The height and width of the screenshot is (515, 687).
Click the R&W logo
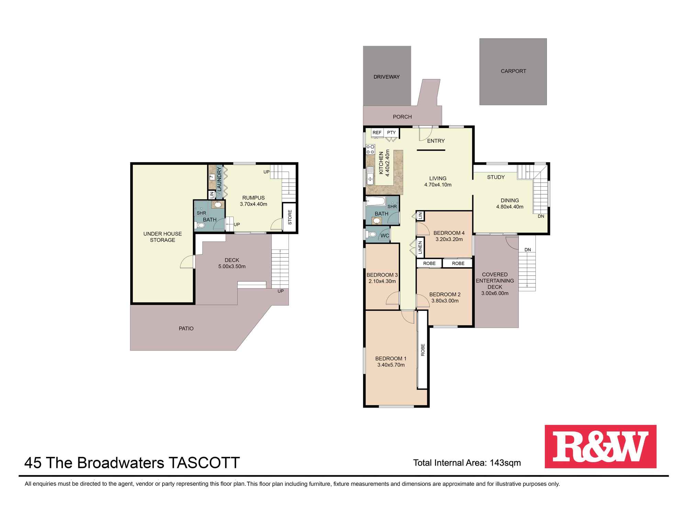click(x=600, y=446)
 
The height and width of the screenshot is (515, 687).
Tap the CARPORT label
click(x=513, y=71)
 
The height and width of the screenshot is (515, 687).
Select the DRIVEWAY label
click(x=386, y=77)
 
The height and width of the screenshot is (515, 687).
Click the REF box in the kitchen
click(x=377, y=133)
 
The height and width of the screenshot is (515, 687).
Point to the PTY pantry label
click(x=391, y=133)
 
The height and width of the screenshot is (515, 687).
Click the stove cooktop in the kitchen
click(x=370, y=149)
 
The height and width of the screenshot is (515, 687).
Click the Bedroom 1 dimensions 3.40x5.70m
click(x=391, y=365)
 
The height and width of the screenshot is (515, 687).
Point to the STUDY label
click(x=496, y=177)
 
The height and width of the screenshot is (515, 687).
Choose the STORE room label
click(x=290, y=217)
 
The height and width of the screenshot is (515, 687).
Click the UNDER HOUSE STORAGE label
click(x=162, y=237)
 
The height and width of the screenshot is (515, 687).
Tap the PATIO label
click(x=186, y=329)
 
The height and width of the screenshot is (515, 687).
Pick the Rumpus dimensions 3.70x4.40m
click(x=254, y=204)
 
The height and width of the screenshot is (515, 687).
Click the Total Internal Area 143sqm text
click(x=467, y=463)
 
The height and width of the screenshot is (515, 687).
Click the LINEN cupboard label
click(x=420, y=247)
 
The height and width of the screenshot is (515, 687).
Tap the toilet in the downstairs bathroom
click(x=200, y=226)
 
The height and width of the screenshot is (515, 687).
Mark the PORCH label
click(x=402, y=117)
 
